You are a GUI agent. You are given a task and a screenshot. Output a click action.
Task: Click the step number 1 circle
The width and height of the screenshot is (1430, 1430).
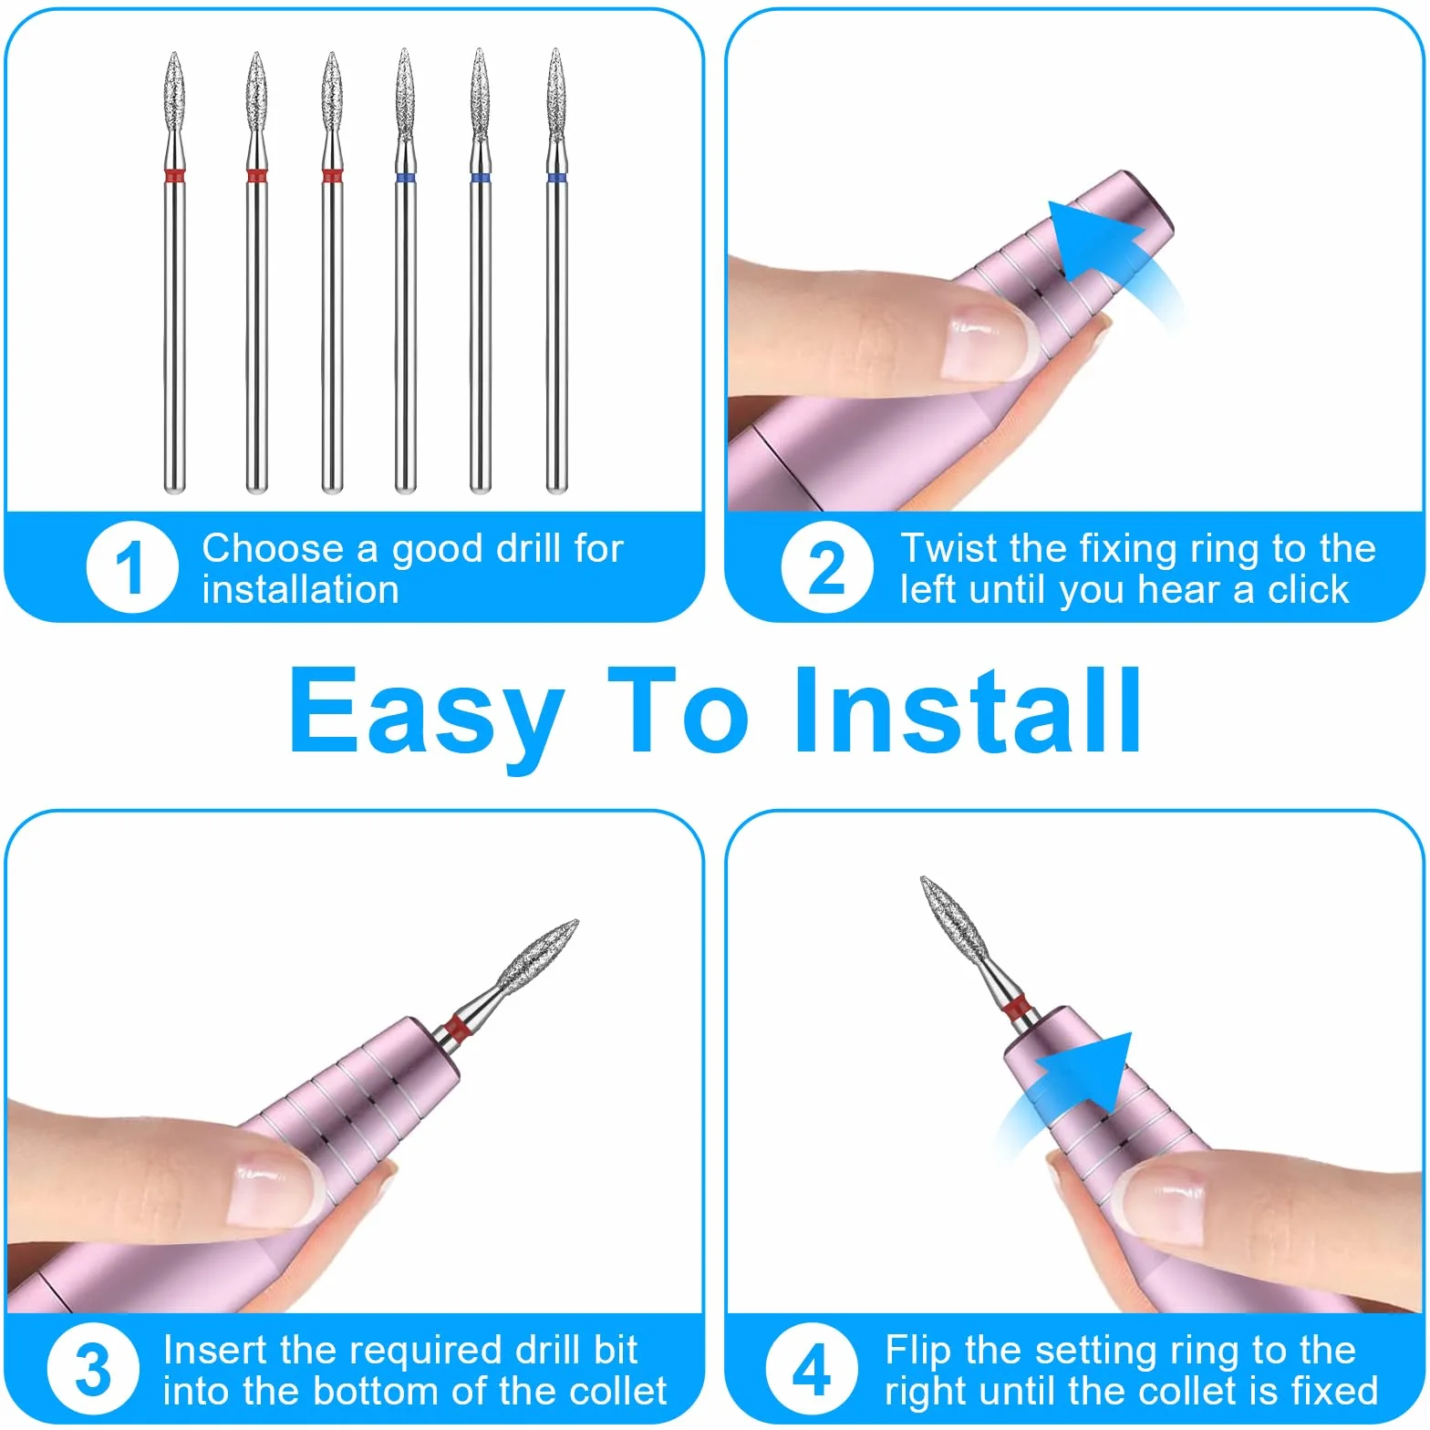click(132, 567)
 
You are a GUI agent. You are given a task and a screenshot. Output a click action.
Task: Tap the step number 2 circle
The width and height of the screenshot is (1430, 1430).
click(827, 567)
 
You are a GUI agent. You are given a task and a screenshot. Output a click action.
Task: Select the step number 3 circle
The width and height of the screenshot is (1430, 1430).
click(93, 1369)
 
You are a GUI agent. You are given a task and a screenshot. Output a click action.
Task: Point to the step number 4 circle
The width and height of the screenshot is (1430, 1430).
click(812, 1369)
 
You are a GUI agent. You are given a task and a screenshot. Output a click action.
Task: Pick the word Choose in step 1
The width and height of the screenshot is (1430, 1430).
click(273, 548)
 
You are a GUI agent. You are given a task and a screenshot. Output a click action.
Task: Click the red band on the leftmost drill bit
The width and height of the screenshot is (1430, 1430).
click(175, 174)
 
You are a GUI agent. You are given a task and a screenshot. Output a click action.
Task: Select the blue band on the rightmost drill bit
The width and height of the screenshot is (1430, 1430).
click(556, 176)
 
